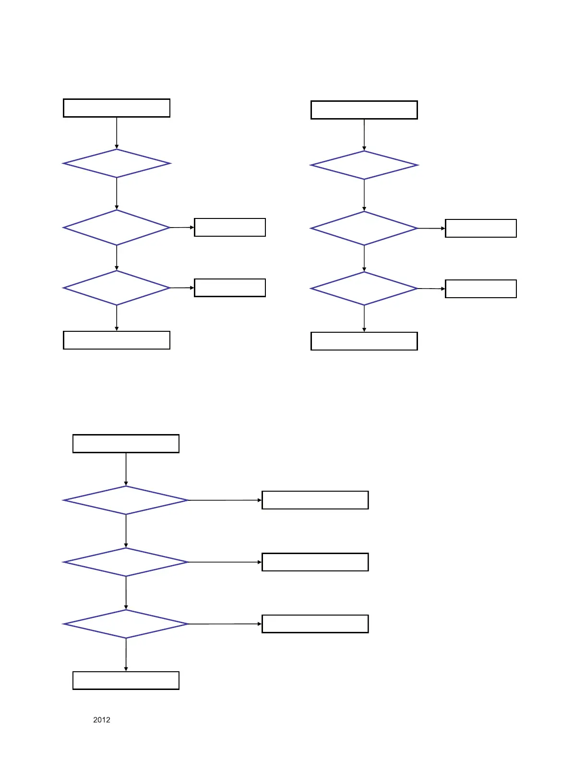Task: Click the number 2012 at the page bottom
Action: pos(101,720)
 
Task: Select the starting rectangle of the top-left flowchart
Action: pos(117,108)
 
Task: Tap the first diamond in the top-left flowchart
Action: pos(117,164)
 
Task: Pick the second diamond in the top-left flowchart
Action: pos(117,228)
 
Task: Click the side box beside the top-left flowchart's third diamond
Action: pos(230,288)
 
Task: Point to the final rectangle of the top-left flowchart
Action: pos(117,340)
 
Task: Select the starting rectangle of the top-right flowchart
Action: pos(364,110)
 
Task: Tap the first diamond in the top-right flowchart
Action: pos(364,165)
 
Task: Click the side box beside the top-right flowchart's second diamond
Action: pos(481,228)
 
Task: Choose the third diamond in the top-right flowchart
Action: pos(364,289)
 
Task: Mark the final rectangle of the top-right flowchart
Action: pos(364,341)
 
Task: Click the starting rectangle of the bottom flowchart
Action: pos(126,444)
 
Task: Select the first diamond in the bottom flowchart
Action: pos(126,500)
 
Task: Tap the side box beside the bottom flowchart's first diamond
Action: pos(315,500)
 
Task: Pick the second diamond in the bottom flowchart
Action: pos(126,562)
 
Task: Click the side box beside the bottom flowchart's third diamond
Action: pos(315,624)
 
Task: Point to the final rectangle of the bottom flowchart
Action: pos(126,680)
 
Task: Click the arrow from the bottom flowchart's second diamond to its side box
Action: pos(225,562)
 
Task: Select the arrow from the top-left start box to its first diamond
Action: pos(117,133)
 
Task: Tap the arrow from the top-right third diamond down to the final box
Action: pos(364,318)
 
